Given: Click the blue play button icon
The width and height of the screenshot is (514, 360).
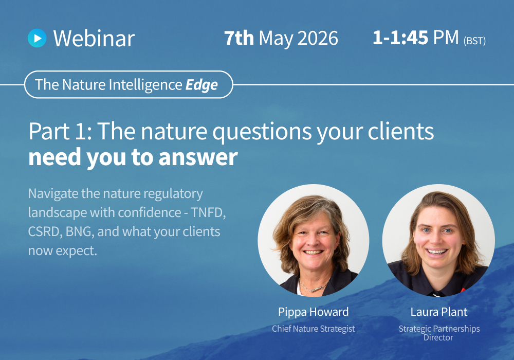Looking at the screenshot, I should point(37,38).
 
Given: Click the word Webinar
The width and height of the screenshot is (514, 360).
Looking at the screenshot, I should point(94,39).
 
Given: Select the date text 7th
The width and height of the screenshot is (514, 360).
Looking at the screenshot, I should point(239,38).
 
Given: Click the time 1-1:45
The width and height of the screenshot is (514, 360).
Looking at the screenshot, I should point(400,38).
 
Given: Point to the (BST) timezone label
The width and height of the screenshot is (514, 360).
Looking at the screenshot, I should point(474,41).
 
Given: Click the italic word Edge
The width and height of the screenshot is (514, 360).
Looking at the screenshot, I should point(201,85).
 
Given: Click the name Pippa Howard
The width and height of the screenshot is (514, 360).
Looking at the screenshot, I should point(313,312).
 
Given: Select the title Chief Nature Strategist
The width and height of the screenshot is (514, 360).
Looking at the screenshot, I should point(313,329).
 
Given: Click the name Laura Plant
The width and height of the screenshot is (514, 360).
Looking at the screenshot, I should point(438,312).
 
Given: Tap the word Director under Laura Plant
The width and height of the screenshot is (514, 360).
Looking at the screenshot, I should point(438,337).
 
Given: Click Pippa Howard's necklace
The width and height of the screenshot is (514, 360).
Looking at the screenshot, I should point(314,285).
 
